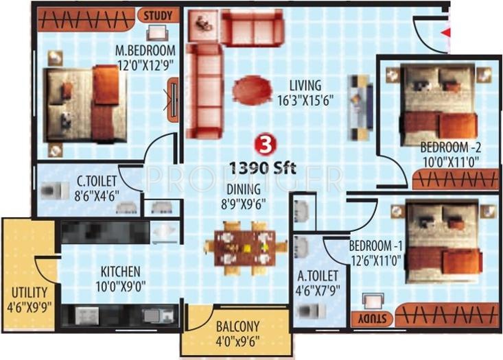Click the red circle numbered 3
pos(262,144)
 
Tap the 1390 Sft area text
pos(263,167)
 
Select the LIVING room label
pos(305,86)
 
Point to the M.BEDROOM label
pos(145,51)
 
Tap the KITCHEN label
pos(121,272)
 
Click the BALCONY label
pos(237,326)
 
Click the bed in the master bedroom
pos(84,104)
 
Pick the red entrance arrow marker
pos(445,32)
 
